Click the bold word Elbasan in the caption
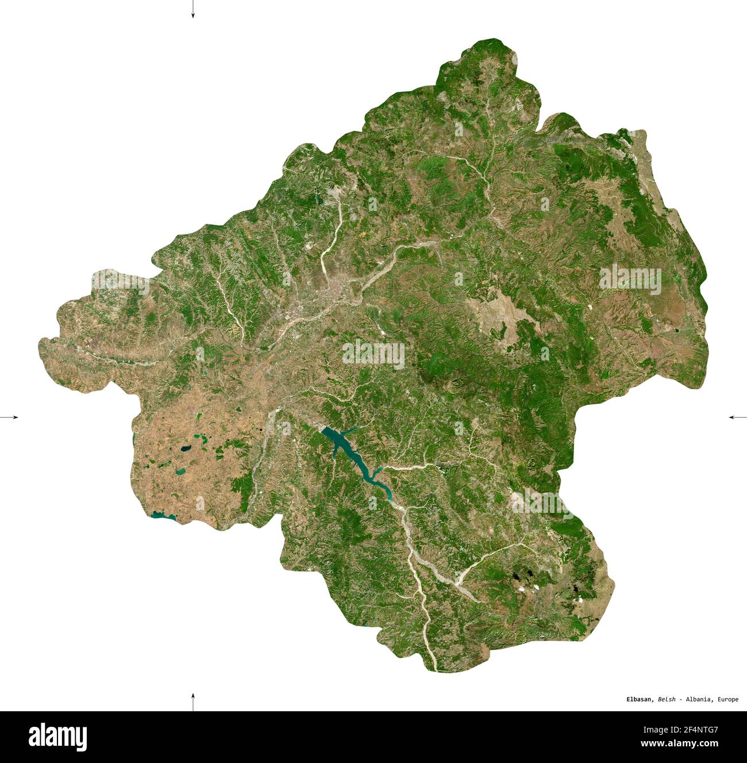click(639, 699)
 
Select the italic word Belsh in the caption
click(667, 699)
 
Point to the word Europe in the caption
click(727, 699)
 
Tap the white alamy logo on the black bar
click(57, 737)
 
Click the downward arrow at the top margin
click(193, 10)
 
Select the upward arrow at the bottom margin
click(193, 701)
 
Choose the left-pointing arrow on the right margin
click(737, 416)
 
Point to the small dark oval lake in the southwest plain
click(186, 448)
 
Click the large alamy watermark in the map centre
click(373, 353)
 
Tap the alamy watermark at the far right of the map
click(630, 280)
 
